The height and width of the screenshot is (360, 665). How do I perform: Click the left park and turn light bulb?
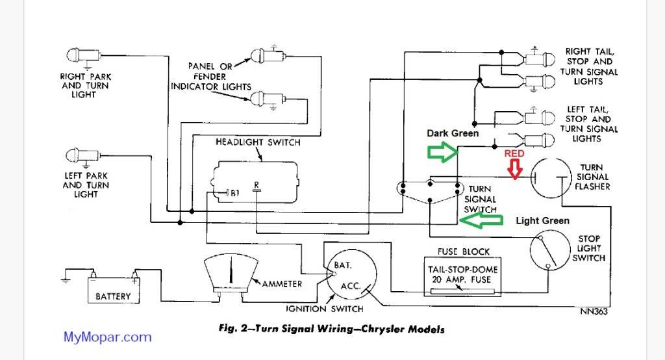77,155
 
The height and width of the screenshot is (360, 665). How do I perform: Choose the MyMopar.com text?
107,337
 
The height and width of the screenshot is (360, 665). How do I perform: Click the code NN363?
593,311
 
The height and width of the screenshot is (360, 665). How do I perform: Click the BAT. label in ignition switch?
343,266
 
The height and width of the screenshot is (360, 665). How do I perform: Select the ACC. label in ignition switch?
351,287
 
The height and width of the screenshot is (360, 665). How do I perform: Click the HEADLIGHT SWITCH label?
258,142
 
